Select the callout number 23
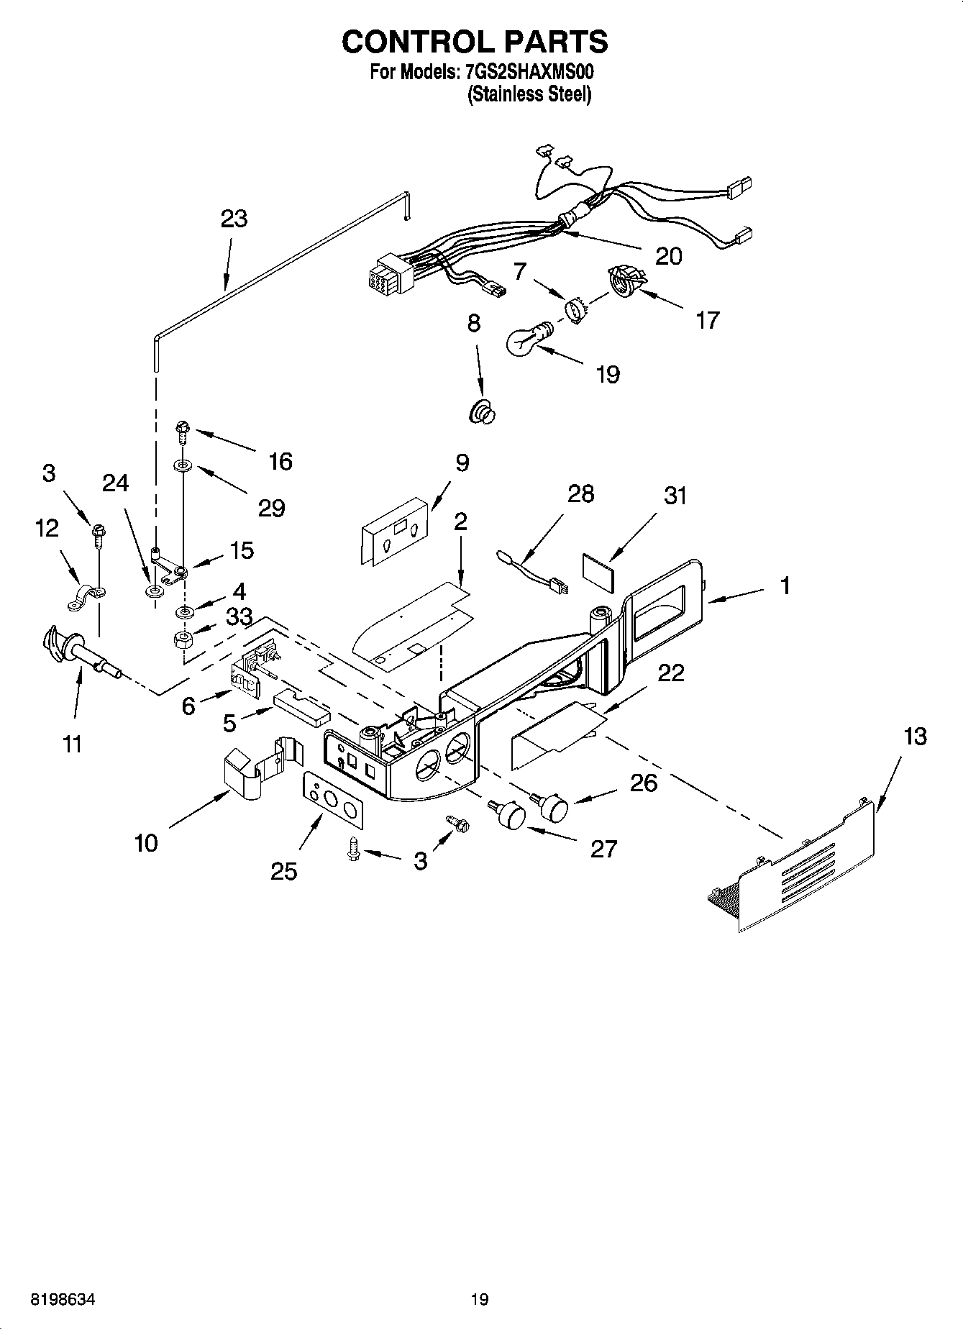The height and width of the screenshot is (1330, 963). click(234, 219)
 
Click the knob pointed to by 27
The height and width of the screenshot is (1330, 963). click(510, 815)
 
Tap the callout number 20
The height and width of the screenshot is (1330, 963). click(668, 256)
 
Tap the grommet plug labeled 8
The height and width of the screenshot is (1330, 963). click(483, 414)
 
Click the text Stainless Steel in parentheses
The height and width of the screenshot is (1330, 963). click(529, 94)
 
